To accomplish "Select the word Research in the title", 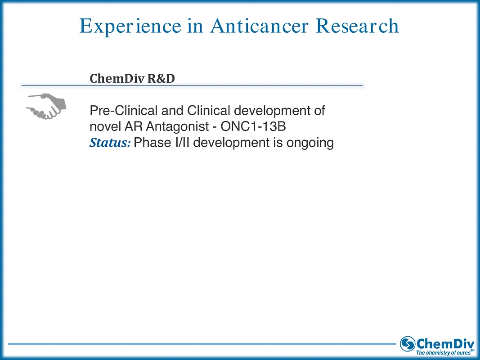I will click(x=357, y=27).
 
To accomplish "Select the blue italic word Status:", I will click(x=110, y=143).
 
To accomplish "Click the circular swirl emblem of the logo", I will click(x=408, y=344).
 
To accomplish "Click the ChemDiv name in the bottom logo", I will click(x=445, y=342).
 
